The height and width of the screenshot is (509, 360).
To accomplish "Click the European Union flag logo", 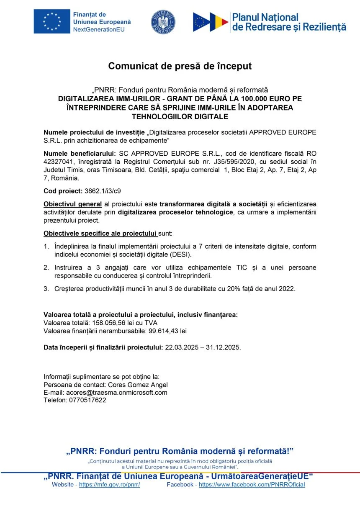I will [x=52, y=21].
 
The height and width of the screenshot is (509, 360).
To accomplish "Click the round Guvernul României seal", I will [x=163, y=22].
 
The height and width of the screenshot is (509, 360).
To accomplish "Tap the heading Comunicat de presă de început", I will [x=180, y=66].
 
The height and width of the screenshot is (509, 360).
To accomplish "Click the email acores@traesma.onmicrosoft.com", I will [x=117, y=392].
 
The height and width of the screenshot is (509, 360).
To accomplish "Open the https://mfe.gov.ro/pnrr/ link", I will [x=109, y=485].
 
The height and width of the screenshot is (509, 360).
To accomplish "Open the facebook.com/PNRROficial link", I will [x=252, y=485].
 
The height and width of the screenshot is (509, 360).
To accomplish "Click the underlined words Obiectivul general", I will [x=73, y=204].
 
